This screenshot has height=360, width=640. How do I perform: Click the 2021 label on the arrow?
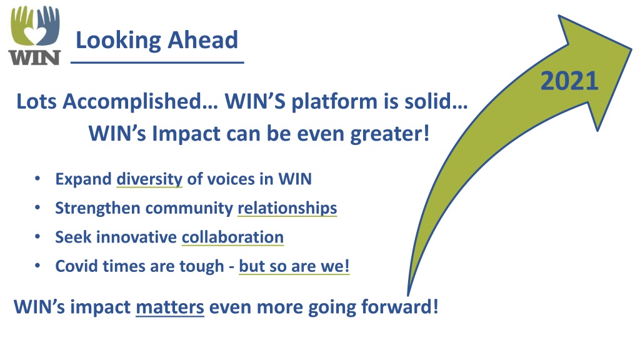569,81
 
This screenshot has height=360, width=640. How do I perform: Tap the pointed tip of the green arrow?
632,49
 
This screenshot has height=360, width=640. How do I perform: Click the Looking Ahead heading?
157,41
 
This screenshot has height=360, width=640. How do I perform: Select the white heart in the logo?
34,36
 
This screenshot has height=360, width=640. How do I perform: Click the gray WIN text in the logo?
35,57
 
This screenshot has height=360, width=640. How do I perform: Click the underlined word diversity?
149,179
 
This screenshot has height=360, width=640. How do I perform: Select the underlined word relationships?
287,208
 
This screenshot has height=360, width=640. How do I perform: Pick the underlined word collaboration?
232,237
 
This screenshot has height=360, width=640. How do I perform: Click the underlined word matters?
170,307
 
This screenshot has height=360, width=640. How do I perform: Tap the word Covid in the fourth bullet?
76,266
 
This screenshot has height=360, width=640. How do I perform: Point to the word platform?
334,102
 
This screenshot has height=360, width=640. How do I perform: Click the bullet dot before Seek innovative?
37,237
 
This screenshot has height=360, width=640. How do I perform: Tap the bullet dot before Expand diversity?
37,179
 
